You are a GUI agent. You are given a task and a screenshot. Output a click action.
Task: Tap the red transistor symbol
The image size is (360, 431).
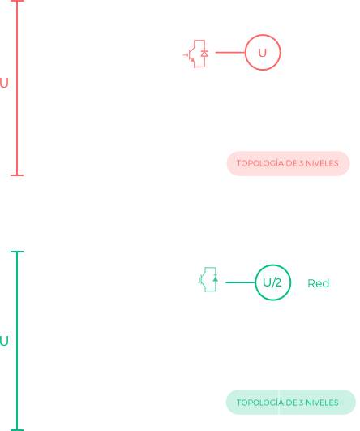[x=195, y=54]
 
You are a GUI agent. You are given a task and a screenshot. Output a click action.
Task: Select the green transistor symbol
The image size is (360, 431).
[x=208, y=279]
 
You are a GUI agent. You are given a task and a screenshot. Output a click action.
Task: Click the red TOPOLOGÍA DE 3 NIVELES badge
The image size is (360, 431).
[x=288, y=163]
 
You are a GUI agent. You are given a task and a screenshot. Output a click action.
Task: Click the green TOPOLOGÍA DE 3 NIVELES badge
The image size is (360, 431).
[x=291, y=402]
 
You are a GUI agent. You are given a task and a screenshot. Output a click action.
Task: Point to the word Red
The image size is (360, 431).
[x=319, y=283]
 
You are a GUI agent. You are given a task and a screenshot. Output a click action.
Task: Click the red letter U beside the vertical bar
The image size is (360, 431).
[x=4, y=83]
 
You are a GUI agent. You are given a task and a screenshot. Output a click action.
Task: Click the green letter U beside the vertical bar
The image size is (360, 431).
[x=4, y=341]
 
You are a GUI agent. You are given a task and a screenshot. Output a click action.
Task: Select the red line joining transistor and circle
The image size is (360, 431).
[x=230, y=52]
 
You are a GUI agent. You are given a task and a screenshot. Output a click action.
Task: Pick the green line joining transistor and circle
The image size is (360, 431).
[x=240, y=282]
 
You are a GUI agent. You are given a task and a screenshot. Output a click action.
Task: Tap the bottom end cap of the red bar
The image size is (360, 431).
[x=17, y=175]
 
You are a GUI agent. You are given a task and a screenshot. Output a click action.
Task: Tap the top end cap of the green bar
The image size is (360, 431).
[x=17, y=252]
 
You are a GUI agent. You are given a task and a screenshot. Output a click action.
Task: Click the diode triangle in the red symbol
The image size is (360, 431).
[x=204, y=54]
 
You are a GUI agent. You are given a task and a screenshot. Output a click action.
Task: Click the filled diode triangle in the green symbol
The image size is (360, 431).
[x=216, y=279]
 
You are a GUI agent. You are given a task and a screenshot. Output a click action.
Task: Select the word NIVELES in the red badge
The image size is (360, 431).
[x=322, y=163]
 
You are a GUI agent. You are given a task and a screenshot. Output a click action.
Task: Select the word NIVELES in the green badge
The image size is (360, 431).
[x=322, y=403]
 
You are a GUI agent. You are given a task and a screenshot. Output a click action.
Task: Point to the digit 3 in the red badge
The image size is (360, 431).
[x=302, y=163]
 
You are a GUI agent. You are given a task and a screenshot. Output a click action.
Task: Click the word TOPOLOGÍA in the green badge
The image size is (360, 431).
[x=260, y=403]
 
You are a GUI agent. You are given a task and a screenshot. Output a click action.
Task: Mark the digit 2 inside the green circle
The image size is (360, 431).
[x=278, y=282]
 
